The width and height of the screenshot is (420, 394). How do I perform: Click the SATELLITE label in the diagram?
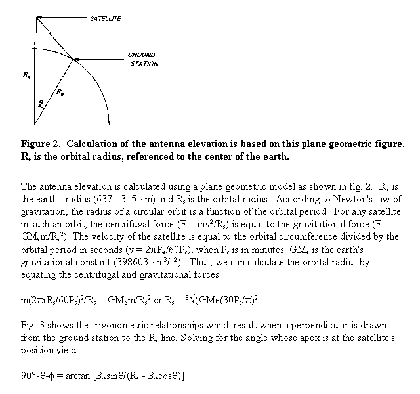coord(106,19)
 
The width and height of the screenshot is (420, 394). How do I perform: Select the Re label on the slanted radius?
coord(60,93)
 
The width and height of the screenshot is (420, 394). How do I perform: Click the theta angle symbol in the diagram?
coord(42,103)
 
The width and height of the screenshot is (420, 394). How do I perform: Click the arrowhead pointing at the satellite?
coord(38,18)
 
